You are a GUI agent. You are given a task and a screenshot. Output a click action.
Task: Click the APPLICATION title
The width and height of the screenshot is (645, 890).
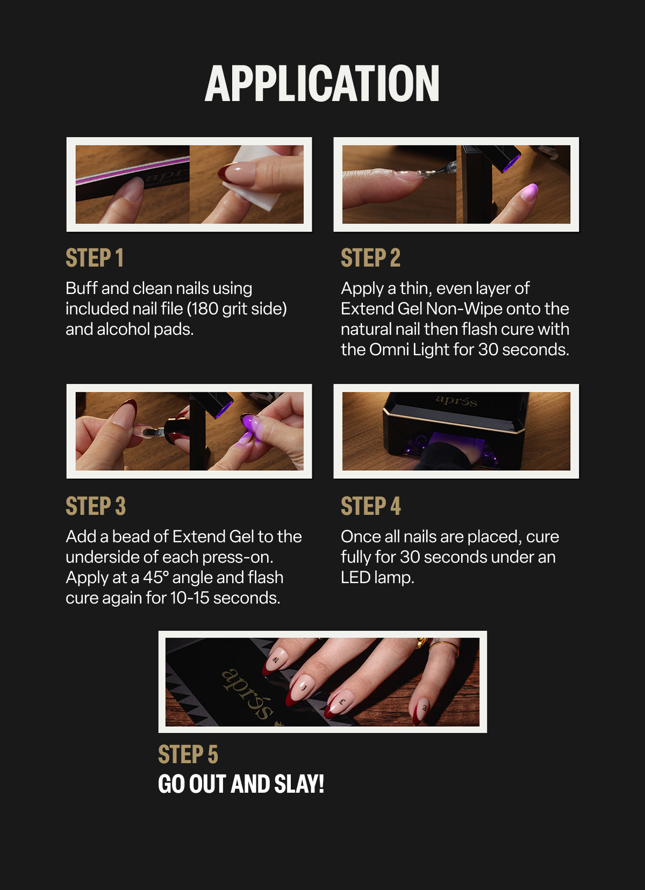point(322,83)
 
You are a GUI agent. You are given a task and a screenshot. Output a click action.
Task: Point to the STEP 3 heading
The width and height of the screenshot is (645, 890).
point(96,506)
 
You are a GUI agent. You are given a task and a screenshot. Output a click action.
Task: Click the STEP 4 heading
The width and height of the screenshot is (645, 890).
point(371,506)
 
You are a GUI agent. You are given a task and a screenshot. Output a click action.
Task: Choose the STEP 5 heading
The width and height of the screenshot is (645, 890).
point(188,754)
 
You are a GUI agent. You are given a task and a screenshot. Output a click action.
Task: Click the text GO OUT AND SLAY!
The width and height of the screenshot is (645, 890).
point(241,784)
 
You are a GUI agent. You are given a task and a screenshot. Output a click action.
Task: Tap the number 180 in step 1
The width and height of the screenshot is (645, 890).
point(205,308)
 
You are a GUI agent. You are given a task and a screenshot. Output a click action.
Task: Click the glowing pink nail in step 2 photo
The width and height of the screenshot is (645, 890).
point(529,192)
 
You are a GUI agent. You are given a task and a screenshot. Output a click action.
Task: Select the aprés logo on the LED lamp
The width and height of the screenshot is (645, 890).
point(456,400)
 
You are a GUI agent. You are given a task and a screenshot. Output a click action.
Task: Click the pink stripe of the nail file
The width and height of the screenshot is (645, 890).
point(132,170)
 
